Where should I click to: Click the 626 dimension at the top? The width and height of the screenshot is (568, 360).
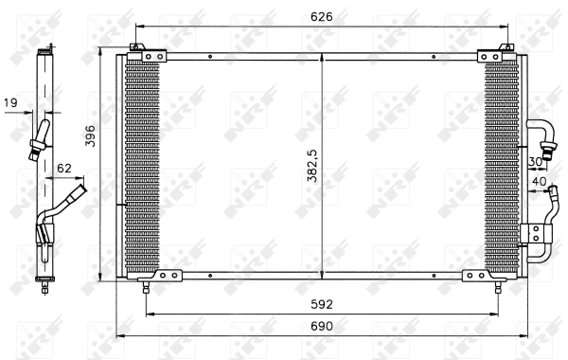coord(323,16)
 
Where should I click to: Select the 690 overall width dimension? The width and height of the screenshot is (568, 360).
coord(322,325)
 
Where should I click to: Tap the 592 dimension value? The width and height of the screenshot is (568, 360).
coord(322,304)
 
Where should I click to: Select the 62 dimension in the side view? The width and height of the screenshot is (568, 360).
coord(64,169)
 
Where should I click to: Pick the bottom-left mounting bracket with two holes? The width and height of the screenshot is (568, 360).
coord(167,276)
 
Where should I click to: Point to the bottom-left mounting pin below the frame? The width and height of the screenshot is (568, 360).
coord(145,288)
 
